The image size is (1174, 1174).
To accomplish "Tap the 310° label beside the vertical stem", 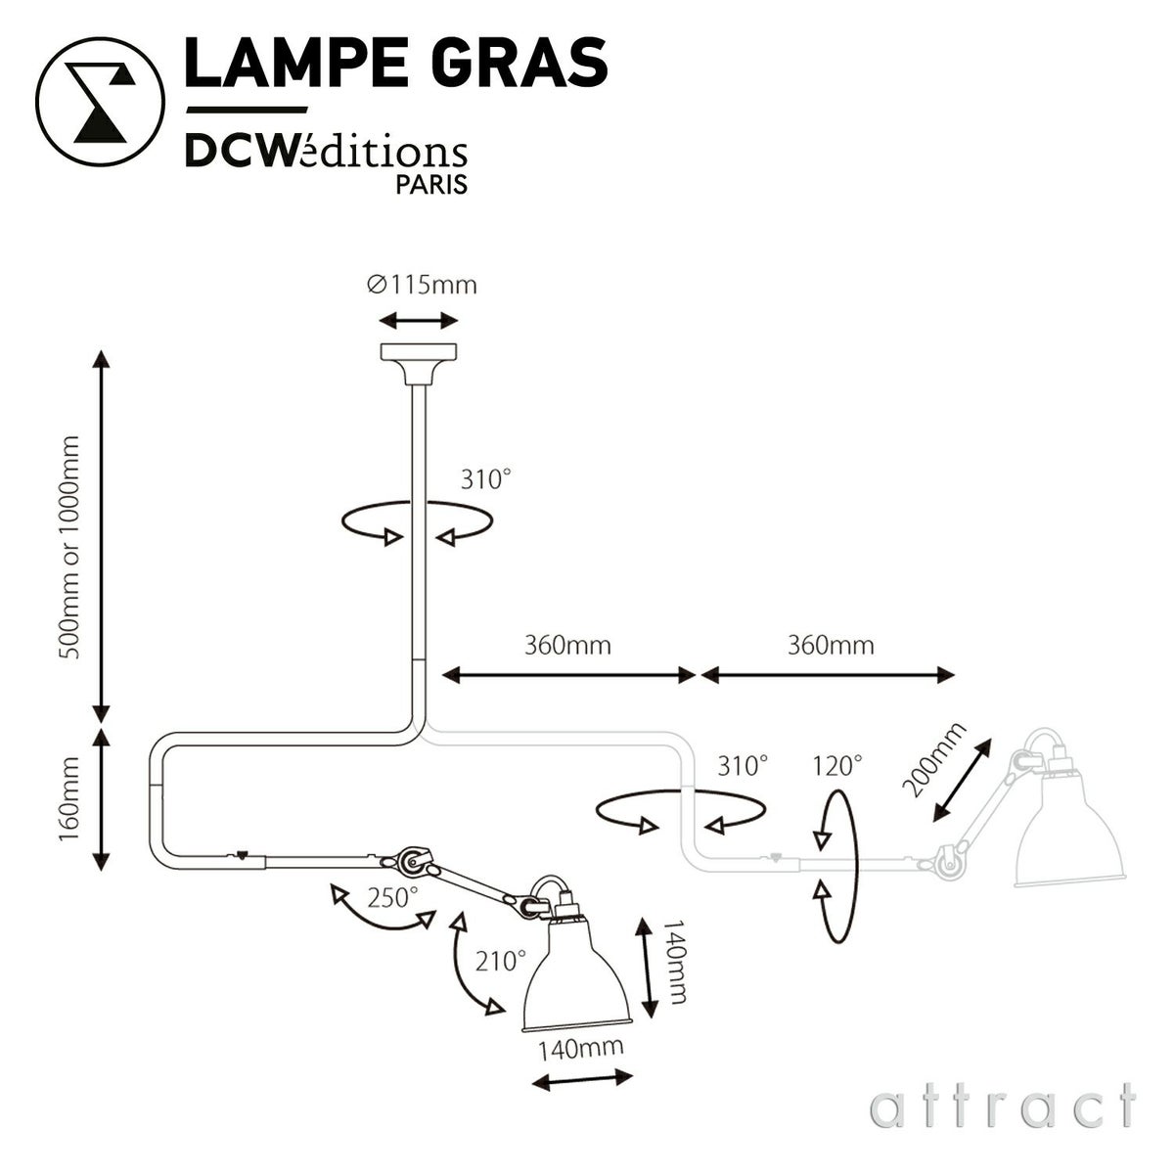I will tap(485, 479).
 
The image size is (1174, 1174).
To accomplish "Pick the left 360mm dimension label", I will tap(567, 646).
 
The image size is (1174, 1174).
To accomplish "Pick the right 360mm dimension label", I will tap(830, 646).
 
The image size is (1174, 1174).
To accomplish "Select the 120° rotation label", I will tap(837, 764).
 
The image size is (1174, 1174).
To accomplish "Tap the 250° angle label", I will tap(392, 897).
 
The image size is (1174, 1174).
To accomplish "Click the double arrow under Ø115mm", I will tap(419, 321).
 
